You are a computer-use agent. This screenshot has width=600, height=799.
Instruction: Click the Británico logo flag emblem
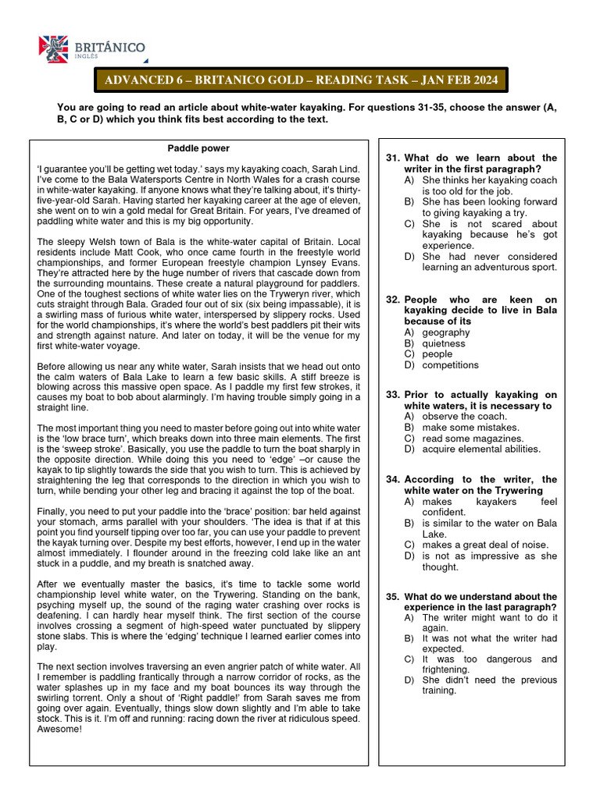click(54, 48)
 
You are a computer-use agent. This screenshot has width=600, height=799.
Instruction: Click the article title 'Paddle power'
click(199, 148)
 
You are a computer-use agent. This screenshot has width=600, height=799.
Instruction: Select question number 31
click(393, 158)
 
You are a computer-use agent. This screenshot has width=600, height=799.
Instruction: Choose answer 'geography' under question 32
click(446, 332)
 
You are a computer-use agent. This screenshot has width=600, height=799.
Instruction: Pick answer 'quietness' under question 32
click(444, 343)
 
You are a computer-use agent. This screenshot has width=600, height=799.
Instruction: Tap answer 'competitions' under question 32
click(451, 364)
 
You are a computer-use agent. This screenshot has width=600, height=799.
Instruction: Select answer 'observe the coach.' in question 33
click(464, 417)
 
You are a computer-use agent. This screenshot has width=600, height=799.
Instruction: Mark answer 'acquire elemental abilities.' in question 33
click(481, 449)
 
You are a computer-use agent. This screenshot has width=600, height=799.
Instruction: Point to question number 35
click(393, 597)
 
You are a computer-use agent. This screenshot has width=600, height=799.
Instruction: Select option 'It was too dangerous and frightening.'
click(490, 664)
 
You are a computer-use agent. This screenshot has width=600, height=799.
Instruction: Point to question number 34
click(393, 480)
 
